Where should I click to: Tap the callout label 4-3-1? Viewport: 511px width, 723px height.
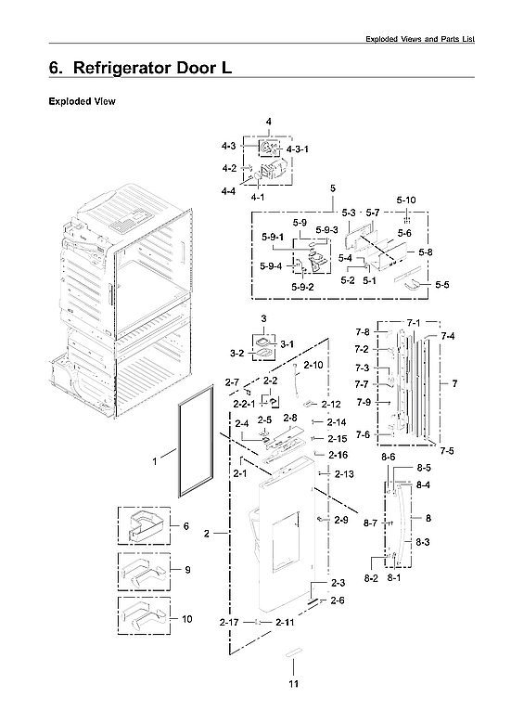298,148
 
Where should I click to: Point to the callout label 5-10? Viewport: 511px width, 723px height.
405,200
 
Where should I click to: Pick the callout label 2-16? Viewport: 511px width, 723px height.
339,455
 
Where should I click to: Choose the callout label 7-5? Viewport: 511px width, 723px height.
447,450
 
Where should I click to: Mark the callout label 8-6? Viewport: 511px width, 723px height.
388,458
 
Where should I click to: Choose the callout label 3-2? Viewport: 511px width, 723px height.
236,354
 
